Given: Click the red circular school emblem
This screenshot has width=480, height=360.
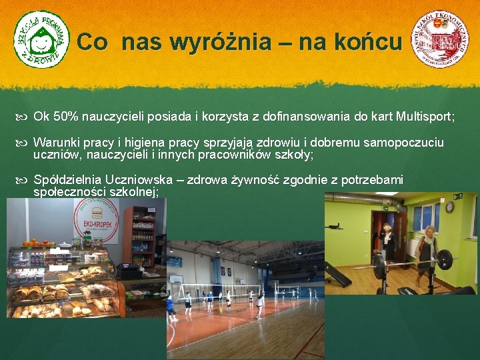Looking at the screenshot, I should (x=439, y=39).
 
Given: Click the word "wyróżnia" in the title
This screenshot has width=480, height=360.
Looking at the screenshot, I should (x=220, y=43).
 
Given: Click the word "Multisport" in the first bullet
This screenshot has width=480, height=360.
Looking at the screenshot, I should (x=423, y=117).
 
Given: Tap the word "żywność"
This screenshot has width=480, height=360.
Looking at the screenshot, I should (x=253, y=180).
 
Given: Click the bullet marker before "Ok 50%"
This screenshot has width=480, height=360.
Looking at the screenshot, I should (x=24, y=117).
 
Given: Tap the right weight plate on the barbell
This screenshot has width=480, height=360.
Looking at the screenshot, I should (x=445, y=260).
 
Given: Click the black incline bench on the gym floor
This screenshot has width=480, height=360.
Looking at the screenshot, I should (x=337, y=274).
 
